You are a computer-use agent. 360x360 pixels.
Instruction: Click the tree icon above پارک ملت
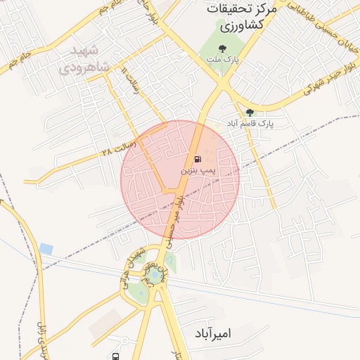pyautogui.click(x=223, y=49)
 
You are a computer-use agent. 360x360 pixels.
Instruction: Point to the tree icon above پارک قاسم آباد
pyautogui.click(x=250, y=112)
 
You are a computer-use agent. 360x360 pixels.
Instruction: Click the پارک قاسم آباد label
pyautogui.click(x=250, y=123)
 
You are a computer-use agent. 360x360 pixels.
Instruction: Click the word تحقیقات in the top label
pyautogui.click(x=229, y=10)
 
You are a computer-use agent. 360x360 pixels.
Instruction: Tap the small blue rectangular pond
pyautogui.click(x=46, y=248)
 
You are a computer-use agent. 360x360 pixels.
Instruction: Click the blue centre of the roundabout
pyautogui.click(x=154, y=276)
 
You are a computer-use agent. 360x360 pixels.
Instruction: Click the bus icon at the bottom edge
pyautogui.click(x=115, y=356)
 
